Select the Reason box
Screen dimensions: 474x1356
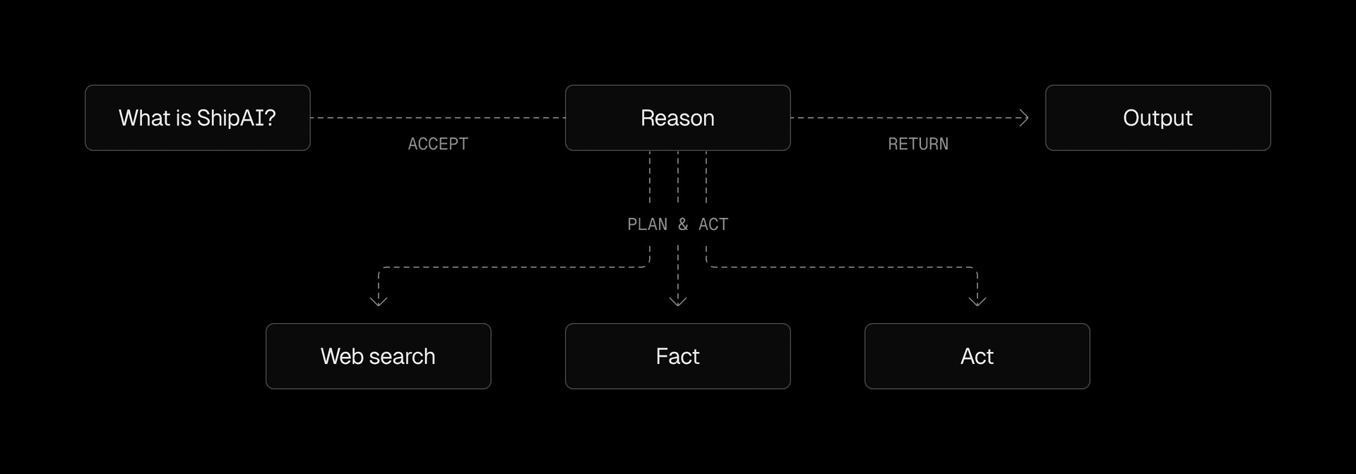677,118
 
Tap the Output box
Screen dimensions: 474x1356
1158,118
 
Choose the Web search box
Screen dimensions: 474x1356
378,356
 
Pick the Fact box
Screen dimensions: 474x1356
677,356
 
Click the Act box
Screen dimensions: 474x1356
977,356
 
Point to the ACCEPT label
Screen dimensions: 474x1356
438,144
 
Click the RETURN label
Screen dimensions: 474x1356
918,144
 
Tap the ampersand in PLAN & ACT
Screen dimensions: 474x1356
683,224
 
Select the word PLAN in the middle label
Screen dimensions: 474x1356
647,224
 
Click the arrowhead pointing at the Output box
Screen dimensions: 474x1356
1023,118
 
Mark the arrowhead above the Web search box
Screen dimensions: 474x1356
379,300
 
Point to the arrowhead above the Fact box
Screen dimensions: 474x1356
678,300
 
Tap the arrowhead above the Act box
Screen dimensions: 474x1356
977,300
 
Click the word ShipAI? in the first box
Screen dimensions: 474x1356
236,118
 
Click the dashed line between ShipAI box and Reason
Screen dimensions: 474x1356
438,118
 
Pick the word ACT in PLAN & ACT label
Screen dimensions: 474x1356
713,224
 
